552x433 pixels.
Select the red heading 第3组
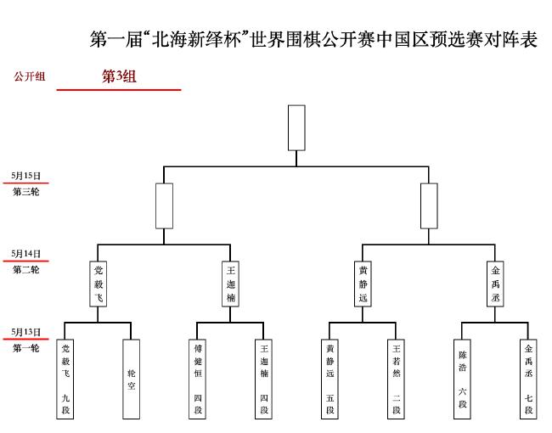pyautogui.click(x=119, y=76)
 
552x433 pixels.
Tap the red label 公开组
pyautogui.click(x=30, y=76)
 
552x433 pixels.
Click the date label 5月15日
pyautogui.click(x=25, y=176)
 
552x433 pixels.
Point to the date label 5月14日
pyautogui.click(x=25, y=254)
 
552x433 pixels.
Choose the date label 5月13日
pyautogui.click(x=25, y=332)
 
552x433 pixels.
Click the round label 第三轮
pyautogui.click(x=26, y=192)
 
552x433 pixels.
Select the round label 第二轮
pyautogui.click(x=26, y=270)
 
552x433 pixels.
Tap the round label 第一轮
pyautogui.click(x=26, y=348)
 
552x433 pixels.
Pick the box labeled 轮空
pyautogui.click(x=132, y=380)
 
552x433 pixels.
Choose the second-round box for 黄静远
pyautogui.click(x=363, y=284)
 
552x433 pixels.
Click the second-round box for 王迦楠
pyautogui.click(x=231, y=284)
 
